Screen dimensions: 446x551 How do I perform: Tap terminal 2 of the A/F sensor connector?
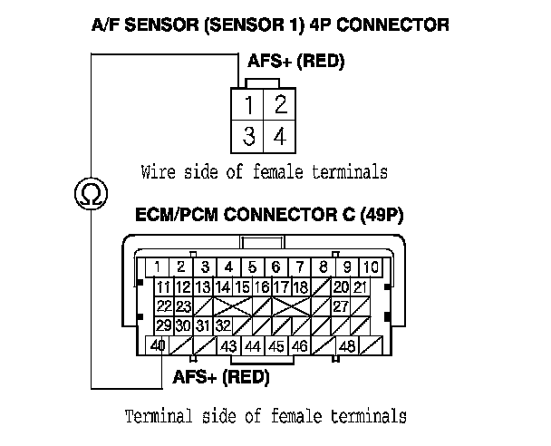(280, 104)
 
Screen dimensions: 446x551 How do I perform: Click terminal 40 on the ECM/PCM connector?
(158, 345)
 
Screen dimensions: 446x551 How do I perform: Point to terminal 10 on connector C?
(372, 267)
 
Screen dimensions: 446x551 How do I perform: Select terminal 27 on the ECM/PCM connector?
(341, 306)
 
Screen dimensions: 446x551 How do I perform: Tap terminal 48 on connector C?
(347, 345)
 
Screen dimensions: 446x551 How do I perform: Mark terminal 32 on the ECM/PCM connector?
(223, 325)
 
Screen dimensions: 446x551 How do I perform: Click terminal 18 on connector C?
(300, 286)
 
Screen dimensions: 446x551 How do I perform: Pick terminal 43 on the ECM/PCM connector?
(229, 345)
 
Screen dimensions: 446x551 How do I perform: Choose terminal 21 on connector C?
(360, 286)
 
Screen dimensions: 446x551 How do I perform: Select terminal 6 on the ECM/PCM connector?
(276, 267)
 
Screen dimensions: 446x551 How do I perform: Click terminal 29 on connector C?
(164, 325)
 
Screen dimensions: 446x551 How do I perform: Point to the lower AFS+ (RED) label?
(220, 376)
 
